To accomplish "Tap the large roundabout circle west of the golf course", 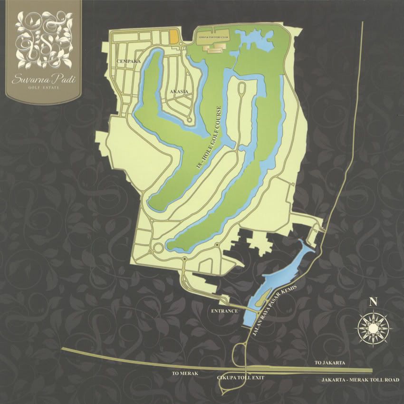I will pyautogui.click(x=157, y=248).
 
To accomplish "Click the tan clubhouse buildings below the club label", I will pyautogui.click(x=213, y=47).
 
